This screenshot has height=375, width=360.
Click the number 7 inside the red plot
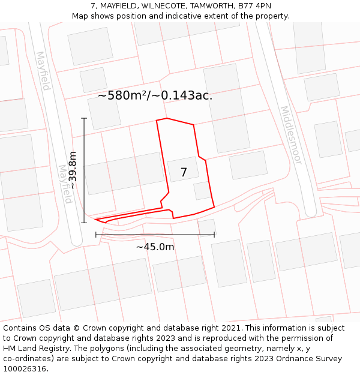point(184,172)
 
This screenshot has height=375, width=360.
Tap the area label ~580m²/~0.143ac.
point(155,95)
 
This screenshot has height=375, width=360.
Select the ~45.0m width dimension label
point(155,247)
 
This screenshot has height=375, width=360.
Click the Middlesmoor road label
point(290,136)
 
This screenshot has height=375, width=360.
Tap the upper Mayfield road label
point(42,71)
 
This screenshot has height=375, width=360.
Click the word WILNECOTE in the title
point(163,6)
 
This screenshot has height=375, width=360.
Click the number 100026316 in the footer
point(25,369)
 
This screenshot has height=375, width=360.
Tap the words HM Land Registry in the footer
point(33,349)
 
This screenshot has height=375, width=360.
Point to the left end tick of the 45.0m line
point(96,235)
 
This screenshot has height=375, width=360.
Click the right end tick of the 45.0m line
point(214,235)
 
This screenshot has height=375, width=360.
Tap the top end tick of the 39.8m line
point(84,119)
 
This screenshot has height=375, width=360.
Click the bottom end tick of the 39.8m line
point(84,223)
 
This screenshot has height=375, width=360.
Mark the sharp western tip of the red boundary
point(96,220)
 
